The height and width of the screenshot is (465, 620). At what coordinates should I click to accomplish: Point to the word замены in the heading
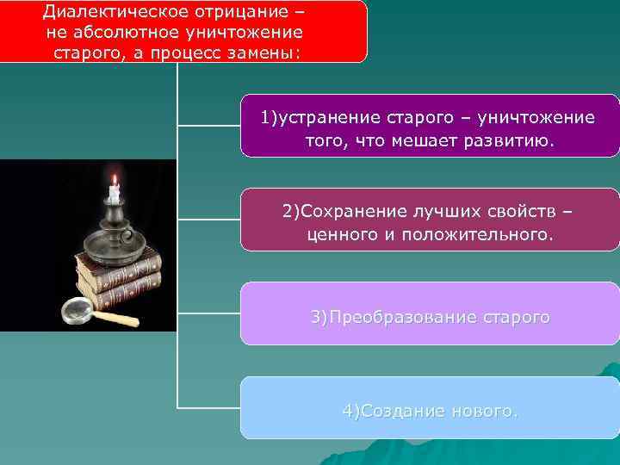(269, 52)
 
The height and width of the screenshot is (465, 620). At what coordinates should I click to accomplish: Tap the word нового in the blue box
(487, 412)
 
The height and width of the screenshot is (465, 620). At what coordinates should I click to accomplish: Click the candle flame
(113, 180)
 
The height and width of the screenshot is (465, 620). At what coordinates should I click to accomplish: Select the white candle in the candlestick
(113, 195)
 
